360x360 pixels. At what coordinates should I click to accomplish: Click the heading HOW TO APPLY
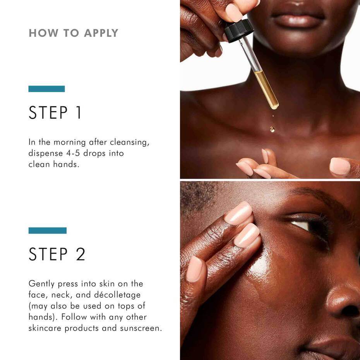pyautogui.click(x=74, y=33)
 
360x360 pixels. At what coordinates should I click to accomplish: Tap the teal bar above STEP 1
pyautogui.click(x=46, y=89)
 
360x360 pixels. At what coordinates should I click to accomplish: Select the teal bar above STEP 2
pyautogui.click(x=47, y=230)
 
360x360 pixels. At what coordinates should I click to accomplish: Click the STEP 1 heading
pyautogui.click(x=55, y=112)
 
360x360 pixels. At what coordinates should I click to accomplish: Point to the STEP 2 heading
pyautogui.click(x=57, y=254)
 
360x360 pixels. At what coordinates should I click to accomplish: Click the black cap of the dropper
pyautogui.click(x=239, y=31)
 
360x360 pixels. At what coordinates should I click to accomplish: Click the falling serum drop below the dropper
pyautogui.click(x=272, y=129)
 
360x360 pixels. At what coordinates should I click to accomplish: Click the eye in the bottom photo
pyautogui.click(x=306, y=225)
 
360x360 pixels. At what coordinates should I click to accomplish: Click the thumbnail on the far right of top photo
pyautogui.click(x=339, y=166)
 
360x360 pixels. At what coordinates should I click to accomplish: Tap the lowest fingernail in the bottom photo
pyautogui.click(x=194, y=269)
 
